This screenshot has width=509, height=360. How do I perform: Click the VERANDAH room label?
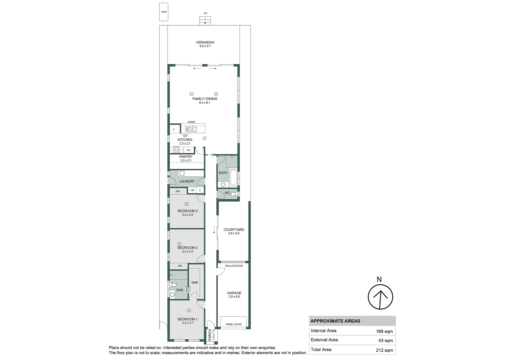pos(205,42)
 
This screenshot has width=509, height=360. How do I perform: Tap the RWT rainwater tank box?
pos(164,12)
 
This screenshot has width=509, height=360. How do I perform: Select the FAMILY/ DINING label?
pos(205,99)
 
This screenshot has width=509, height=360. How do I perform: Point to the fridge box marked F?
pos(174,129)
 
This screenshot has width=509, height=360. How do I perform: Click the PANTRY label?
pos(186,157)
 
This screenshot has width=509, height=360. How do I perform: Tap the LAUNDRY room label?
pos(187,181)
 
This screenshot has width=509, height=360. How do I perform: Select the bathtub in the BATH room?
pos(233,178)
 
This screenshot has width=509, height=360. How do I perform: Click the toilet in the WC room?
pos(233,194)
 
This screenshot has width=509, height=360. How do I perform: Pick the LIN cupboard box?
pos(192,190)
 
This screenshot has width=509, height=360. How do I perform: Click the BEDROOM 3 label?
pos(188,211)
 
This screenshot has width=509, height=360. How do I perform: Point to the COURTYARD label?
pos(234,230)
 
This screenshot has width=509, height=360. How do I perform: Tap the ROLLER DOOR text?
pos(234,266)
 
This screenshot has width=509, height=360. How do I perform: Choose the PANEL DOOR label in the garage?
pos(234,324)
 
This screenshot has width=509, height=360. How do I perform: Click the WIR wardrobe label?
pos(195,283)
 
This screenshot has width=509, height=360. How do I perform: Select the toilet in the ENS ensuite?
pos(173,285)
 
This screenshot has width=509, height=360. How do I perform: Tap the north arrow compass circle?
pos(380,297)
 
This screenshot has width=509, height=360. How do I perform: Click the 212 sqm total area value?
pos(385,350)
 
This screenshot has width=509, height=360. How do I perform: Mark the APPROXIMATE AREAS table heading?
pos(335,321)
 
